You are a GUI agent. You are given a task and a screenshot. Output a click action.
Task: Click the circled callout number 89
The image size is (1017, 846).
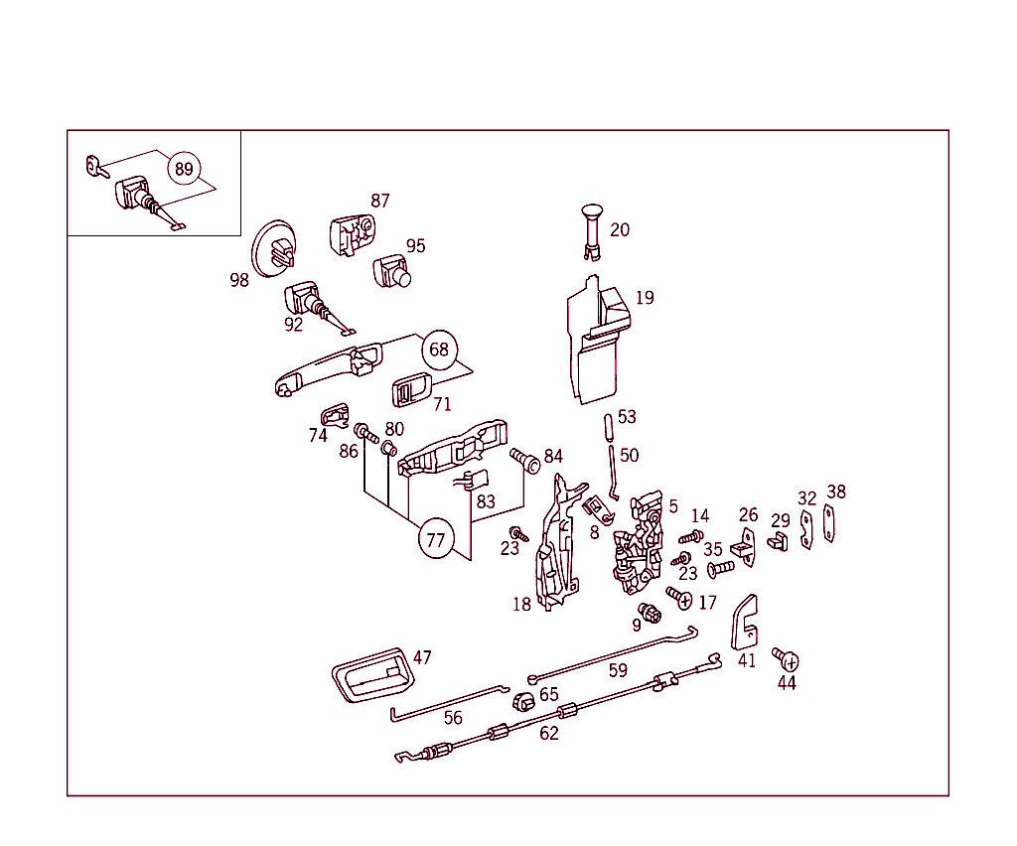pyautogui.click(x=184, y=169)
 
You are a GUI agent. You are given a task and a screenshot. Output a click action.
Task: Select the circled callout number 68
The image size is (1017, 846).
pyautogui.click(x=439, y=350)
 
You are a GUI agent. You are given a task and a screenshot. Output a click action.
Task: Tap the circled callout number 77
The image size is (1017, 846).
pyautogui.click(x=435, y=540)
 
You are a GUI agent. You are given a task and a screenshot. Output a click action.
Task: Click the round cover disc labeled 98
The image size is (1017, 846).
pyautogui.click(x=274, y=249)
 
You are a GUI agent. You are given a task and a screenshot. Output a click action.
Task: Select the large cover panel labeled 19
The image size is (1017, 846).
pyautogui.click(x=596, y=343)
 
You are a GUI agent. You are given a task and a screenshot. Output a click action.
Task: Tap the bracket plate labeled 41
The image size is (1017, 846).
pyautogui.click(x=745, y=623)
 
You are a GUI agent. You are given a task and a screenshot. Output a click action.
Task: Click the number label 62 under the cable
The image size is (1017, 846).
pyautogui.click(x=549, y=734)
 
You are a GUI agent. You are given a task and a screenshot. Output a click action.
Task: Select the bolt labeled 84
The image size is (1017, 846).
pyautogui.click(x=523, y=459)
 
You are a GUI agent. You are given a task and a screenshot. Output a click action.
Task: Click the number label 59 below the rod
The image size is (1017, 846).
pyautogui.click(x=618, y=671)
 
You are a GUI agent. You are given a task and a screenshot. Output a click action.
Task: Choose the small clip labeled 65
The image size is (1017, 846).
pyautogui.click(x=523, y=701)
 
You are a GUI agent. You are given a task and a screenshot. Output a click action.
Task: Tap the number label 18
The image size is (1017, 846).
pyautogui.click(x=522, y=605)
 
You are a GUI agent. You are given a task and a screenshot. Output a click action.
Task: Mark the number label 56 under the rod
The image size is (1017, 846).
pyautogui.click(x=453, y=718)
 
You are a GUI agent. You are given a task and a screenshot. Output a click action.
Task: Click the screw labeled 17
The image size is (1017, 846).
pyautogui.click(x=680, y=598)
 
